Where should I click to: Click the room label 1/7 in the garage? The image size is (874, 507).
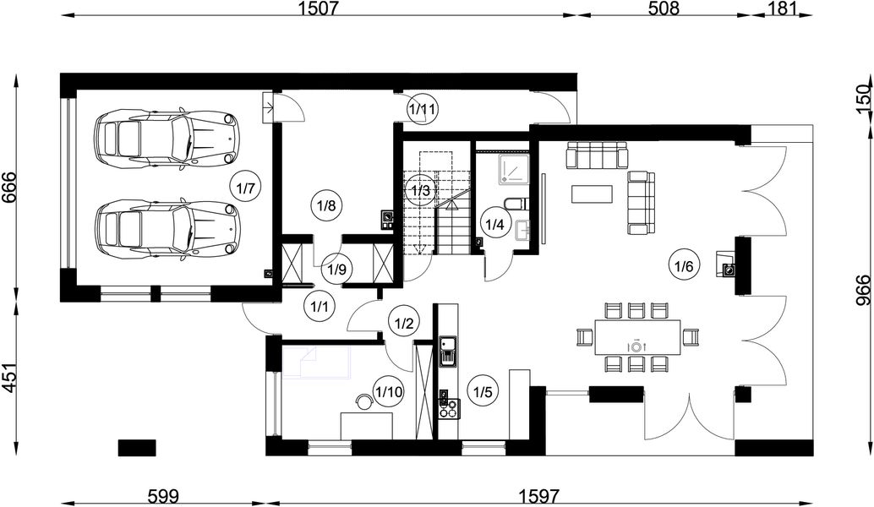[245, 188]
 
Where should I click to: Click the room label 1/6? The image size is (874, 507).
[683, 266]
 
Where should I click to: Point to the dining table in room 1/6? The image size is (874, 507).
[638, 336]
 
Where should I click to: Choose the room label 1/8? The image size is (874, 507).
[326, 204]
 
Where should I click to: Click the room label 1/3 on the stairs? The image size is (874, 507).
[420, 190]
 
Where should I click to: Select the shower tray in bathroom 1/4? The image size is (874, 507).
[512, 169]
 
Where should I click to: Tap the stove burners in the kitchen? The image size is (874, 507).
[447, 408]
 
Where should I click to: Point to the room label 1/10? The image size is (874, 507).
[389, 391]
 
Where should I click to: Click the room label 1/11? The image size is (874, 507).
[422, 109]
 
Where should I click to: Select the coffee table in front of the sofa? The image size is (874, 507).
[593, 194]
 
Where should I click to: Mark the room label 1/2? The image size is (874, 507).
[403, 322]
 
